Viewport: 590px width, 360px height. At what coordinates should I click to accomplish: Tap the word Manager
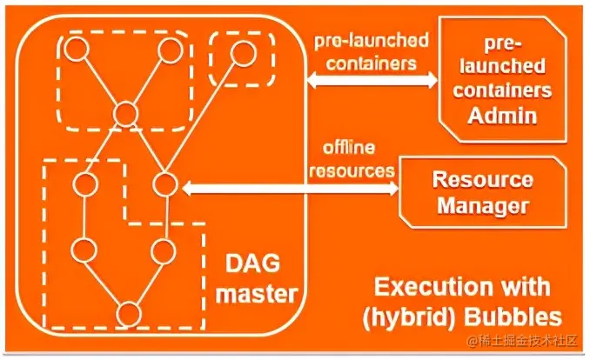[x=483, y=206]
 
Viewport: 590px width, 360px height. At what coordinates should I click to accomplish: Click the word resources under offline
[x=351, y=170]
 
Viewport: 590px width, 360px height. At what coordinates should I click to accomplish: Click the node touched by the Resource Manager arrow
[x=165, y=184]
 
